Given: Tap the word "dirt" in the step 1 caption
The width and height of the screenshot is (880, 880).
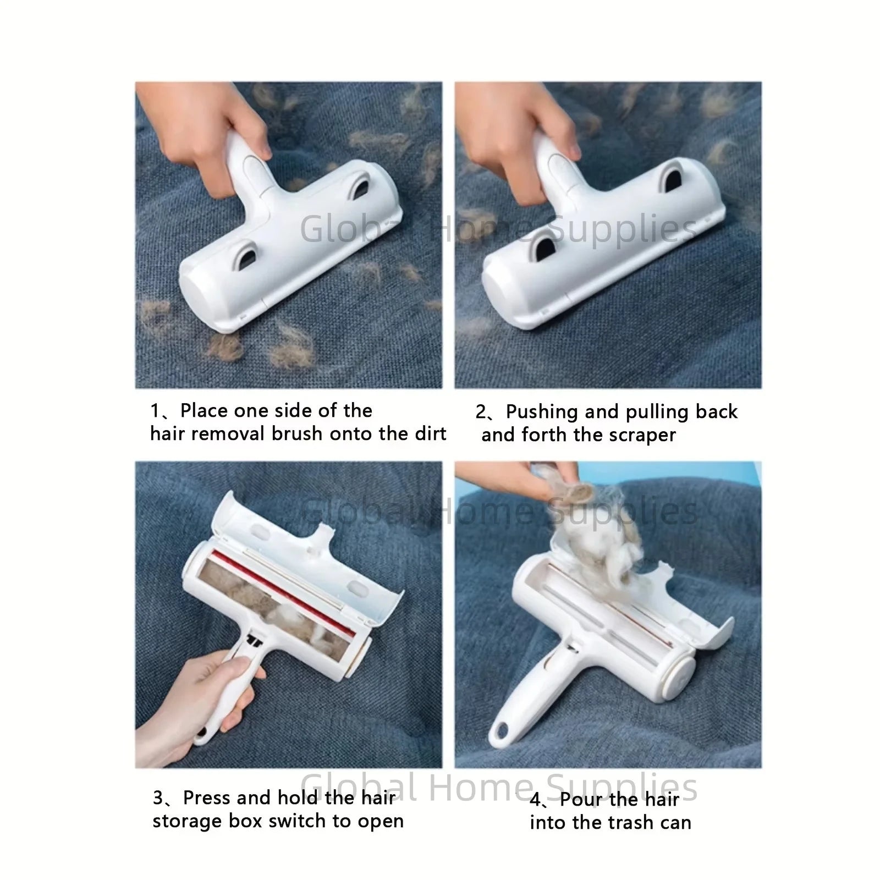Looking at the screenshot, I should coord(430,434).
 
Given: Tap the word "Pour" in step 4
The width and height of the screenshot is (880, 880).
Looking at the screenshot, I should coord(584,799).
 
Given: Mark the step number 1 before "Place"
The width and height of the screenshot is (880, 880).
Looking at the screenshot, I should coord(155,411).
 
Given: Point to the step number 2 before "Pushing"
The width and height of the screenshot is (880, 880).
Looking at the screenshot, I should coord(481,412).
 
